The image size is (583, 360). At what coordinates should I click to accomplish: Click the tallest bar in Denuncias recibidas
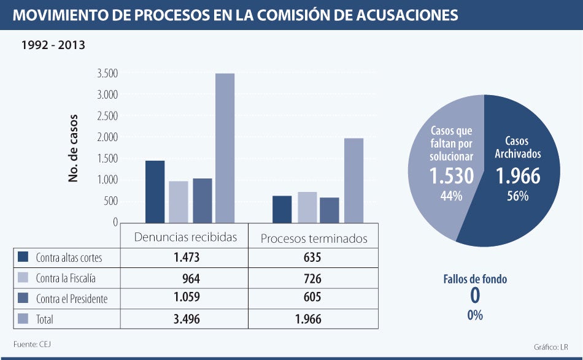(225, 147)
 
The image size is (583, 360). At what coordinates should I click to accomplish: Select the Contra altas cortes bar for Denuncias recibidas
(155, 191)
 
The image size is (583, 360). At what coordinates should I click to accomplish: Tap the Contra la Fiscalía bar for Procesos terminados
(307, 207)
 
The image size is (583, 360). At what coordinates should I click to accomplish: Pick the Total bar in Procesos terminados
(353, 180)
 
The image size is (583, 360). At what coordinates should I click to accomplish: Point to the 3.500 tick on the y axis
(107, 74)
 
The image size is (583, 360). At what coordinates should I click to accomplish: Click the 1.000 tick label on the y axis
(107, 180)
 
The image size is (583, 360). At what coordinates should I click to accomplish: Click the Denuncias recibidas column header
(185, 237)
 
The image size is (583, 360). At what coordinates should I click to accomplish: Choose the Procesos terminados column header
(314, 238)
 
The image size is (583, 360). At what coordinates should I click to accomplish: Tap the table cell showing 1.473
(187, 258)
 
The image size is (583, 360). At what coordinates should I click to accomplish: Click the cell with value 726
(312, 279)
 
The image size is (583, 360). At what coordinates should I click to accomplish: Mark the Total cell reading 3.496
(187, 320)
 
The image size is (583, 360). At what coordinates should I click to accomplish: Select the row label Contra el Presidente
(71, 299)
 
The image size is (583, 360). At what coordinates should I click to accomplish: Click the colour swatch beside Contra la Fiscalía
(23, 278)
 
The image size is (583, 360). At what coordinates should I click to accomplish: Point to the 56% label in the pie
(517, 196)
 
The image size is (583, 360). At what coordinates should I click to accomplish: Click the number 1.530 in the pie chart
(451, 176)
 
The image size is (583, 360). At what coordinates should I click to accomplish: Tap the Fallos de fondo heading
(475, 279)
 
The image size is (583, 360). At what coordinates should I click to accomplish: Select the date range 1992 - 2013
(53, 45)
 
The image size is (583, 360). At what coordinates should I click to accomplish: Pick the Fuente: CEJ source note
(32, 343)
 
